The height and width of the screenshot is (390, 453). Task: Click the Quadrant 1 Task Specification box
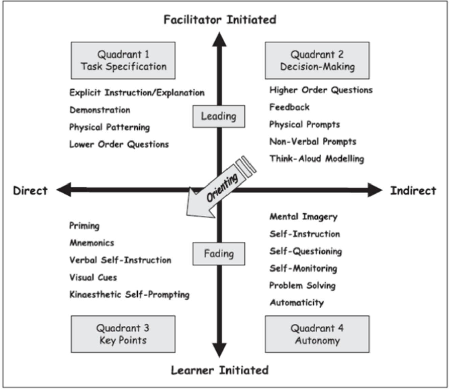[123, 61]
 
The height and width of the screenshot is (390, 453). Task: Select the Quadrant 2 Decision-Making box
[317, 61]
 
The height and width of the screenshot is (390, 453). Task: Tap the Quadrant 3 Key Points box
[123, 334]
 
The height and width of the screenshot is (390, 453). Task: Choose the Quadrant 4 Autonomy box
[317, 334]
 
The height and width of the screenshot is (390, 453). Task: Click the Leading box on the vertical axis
[219, 116]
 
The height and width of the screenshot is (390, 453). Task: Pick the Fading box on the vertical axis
[219, 254]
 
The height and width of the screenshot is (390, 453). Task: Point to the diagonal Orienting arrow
[221, 188]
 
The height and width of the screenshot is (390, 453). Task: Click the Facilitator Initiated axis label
[220, 20]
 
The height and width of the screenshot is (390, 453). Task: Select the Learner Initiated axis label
[220, 370]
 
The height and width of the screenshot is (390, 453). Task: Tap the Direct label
[30, 191]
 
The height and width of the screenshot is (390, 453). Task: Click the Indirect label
[413, 191]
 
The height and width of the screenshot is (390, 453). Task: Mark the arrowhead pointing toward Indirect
[375, 190]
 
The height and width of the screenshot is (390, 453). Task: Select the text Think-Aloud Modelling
[317, 159]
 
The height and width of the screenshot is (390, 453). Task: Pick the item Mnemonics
[92, 243]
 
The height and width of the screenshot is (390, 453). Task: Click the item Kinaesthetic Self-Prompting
[129, 295]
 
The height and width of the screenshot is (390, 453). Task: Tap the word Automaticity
[296, 303]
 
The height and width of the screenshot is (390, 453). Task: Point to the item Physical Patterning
[110, 127]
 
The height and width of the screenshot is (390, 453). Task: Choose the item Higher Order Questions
[321, 90]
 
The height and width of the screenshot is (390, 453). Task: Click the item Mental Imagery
[303, 217]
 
